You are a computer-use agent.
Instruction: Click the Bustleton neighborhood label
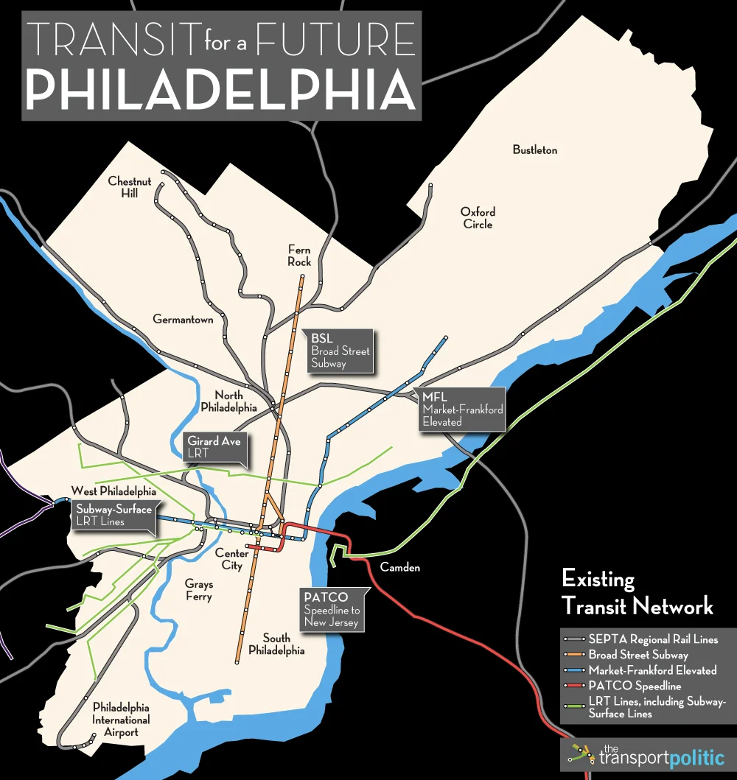click(x=535, y=150)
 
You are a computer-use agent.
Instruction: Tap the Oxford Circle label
click(x=478, y=218)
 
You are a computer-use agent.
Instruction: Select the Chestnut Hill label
click(x=130, y=187)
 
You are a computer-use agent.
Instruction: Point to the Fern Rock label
click(x=299, y=256)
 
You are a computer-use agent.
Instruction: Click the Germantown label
click(x=183, y=320)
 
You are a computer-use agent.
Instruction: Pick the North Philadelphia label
click(x=228, y=401)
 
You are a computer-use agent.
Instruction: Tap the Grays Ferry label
click(x=198, y=590)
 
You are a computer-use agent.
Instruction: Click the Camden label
click(x=399, y=568)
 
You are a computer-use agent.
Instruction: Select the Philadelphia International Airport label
click(x=121, y=719)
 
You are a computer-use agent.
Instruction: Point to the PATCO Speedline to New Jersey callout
click(x=331, y=609)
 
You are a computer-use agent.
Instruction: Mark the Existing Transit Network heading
click(x=637, y=593)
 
